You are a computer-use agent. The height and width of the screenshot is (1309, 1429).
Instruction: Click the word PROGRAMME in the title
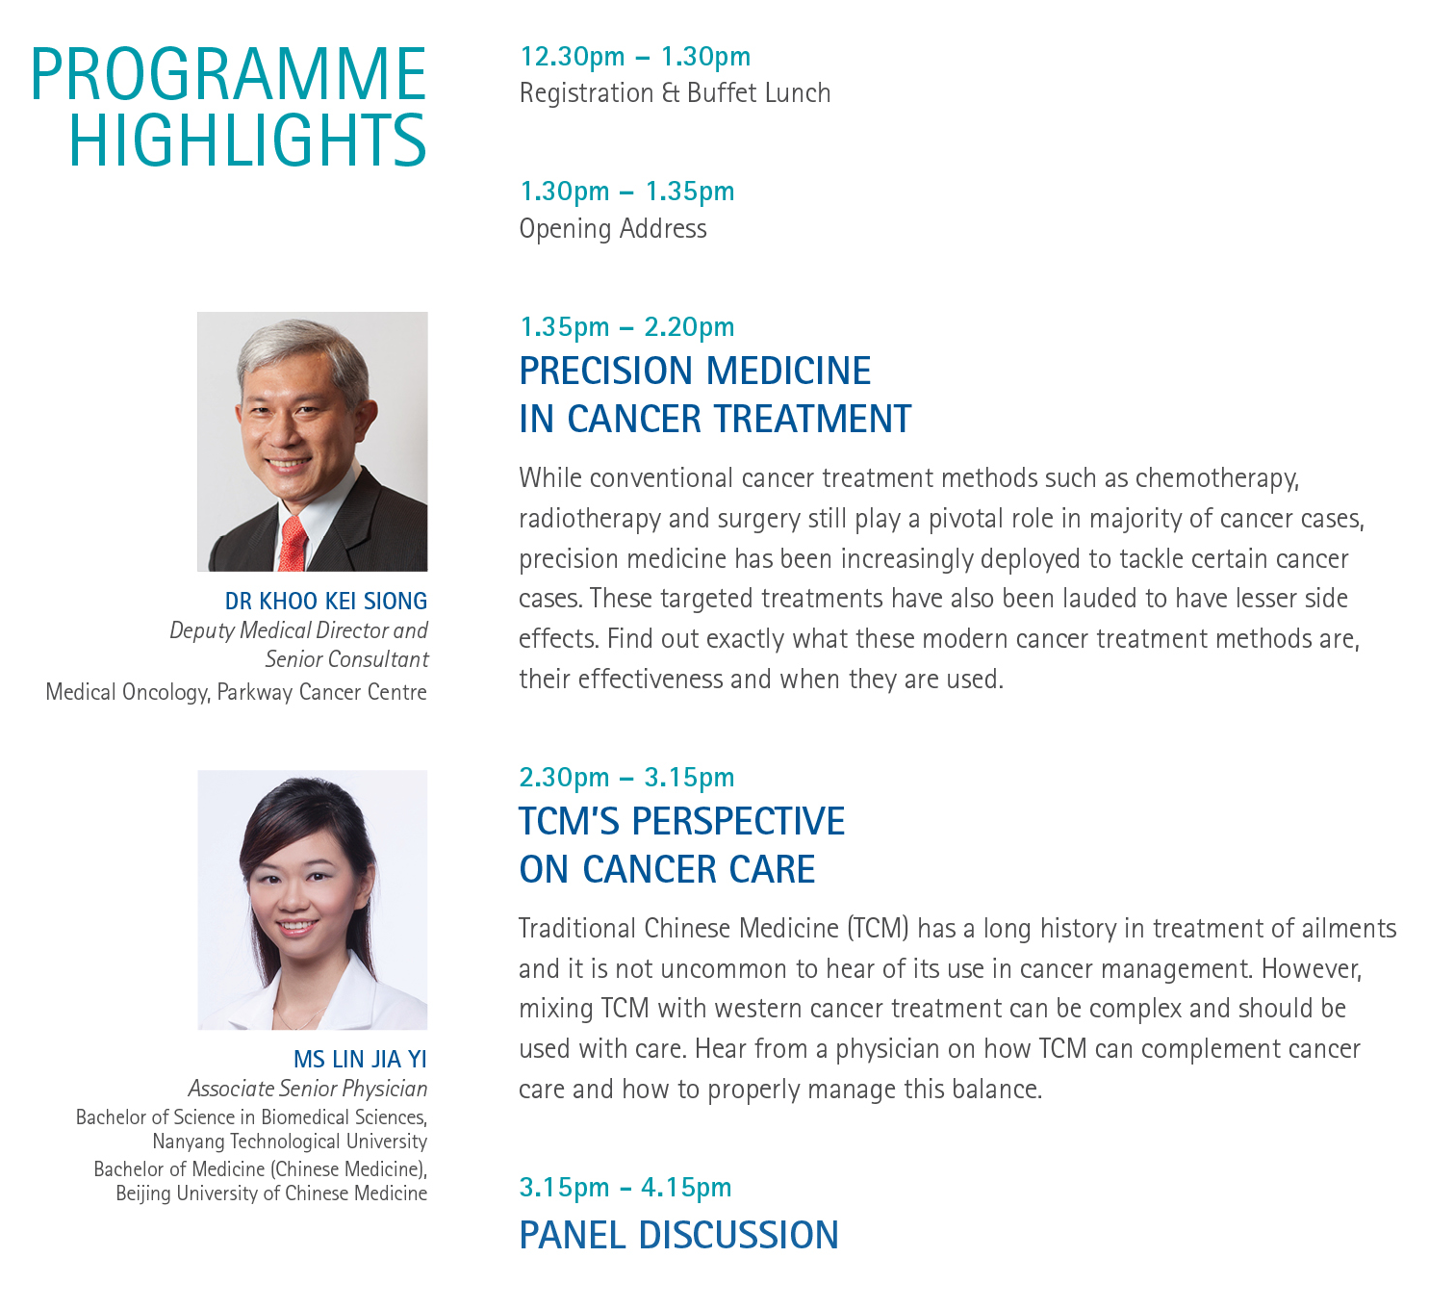pos(229,74)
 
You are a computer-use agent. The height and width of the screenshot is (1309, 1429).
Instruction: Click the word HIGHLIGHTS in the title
pos(248,141)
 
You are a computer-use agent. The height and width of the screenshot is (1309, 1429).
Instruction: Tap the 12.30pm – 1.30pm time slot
pos(635,57)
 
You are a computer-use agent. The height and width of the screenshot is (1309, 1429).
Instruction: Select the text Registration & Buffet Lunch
pos(675,93)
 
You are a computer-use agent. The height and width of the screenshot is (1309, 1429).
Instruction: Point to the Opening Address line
pos(613,229)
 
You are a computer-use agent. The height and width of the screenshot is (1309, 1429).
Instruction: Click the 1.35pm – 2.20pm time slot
pos(626,327)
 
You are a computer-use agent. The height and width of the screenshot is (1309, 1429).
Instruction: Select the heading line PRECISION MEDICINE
pos(695,372)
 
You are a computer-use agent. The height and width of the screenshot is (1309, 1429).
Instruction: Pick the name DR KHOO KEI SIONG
pos(326,602)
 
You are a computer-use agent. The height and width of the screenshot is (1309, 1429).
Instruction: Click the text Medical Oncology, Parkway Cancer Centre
pos(237,692)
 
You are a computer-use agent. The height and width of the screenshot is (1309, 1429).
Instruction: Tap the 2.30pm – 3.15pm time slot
pos(626,778)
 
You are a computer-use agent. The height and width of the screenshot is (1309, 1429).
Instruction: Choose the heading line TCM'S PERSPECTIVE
pos(681,822)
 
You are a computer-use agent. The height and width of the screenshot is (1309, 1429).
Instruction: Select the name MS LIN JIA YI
pos(361,1060)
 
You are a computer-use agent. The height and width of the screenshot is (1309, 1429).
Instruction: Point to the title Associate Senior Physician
pos(308,1089)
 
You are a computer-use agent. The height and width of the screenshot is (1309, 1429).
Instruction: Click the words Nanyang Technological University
pos(290,1142)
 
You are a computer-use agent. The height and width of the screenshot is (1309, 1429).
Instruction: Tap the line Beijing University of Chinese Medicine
pos(271,1193)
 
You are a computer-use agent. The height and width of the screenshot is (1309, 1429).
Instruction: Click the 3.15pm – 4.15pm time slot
pos(625,1188)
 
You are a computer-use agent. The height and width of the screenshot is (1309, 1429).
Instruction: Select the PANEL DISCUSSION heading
pos(678,1236)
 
